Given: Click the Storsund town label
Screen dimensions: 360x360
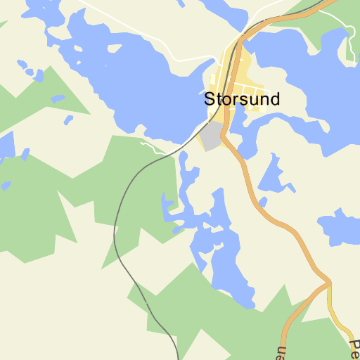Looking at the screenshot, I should tap(242, 99).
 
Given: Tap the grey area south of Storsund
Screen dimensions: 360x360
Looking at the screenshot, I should tap(212, 135).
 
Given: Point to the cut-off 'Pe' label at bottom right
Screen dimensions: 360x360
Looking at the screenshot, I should tap(354, 347).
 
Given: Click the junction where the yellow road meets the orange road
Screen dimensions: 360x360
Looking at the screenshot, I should tap(328, 284).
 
